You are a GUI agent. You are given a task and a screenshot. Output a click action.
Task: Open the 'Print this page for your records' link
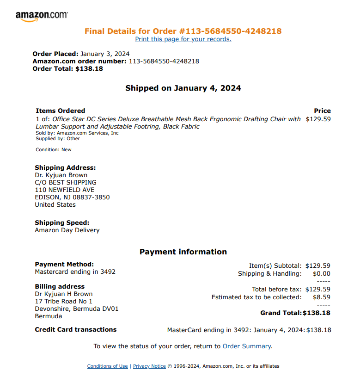point(183,39)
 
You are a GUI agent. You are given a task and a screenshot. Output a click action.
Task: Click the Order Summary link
point(247,346)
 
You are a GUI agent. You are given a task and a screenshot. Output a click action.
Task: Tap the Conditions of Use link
point(107,366)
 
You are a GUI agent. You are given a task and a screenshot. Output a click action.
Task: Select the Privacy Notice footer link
point(149,366)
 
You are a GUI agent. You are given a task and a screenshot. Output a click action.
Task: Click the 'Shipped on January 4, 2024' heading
point(183,88)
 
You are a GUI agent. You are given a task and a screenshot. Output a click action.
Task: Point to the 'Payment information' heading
point(183,252)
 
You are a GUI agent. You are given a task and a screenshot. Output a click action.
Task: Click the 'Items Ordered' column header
point(61,111)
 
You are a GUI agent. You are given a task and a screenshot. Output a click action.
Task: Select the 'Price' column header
point(322,111)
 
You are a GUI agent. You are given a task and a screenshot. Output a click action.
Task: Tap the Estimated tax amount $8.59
point(322,297)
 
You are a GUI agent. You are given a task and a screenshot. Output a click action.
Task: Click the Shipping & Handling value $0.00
point(322,274)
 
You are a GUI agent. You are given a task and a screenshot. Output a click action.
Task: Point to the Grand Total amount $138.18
point(317,313)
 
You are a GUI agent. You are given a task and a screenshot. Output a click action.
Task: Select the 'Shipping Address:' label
point(65,168)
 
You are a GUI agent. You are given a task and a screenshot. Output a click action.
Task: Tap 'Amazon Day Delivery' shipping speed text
point(67,230)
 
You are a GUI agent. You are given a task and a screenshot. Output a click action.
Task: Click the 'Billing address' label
point(60,287)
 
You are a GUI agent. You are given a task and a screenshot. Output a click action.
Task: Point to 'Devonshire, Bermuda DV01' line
point(77,309)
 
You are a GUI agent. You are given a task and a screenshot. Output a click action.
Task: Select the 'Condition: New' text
point(54,150)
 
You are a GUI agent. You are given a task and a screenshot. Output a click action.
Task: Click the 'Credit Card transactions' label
point(76,330)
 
